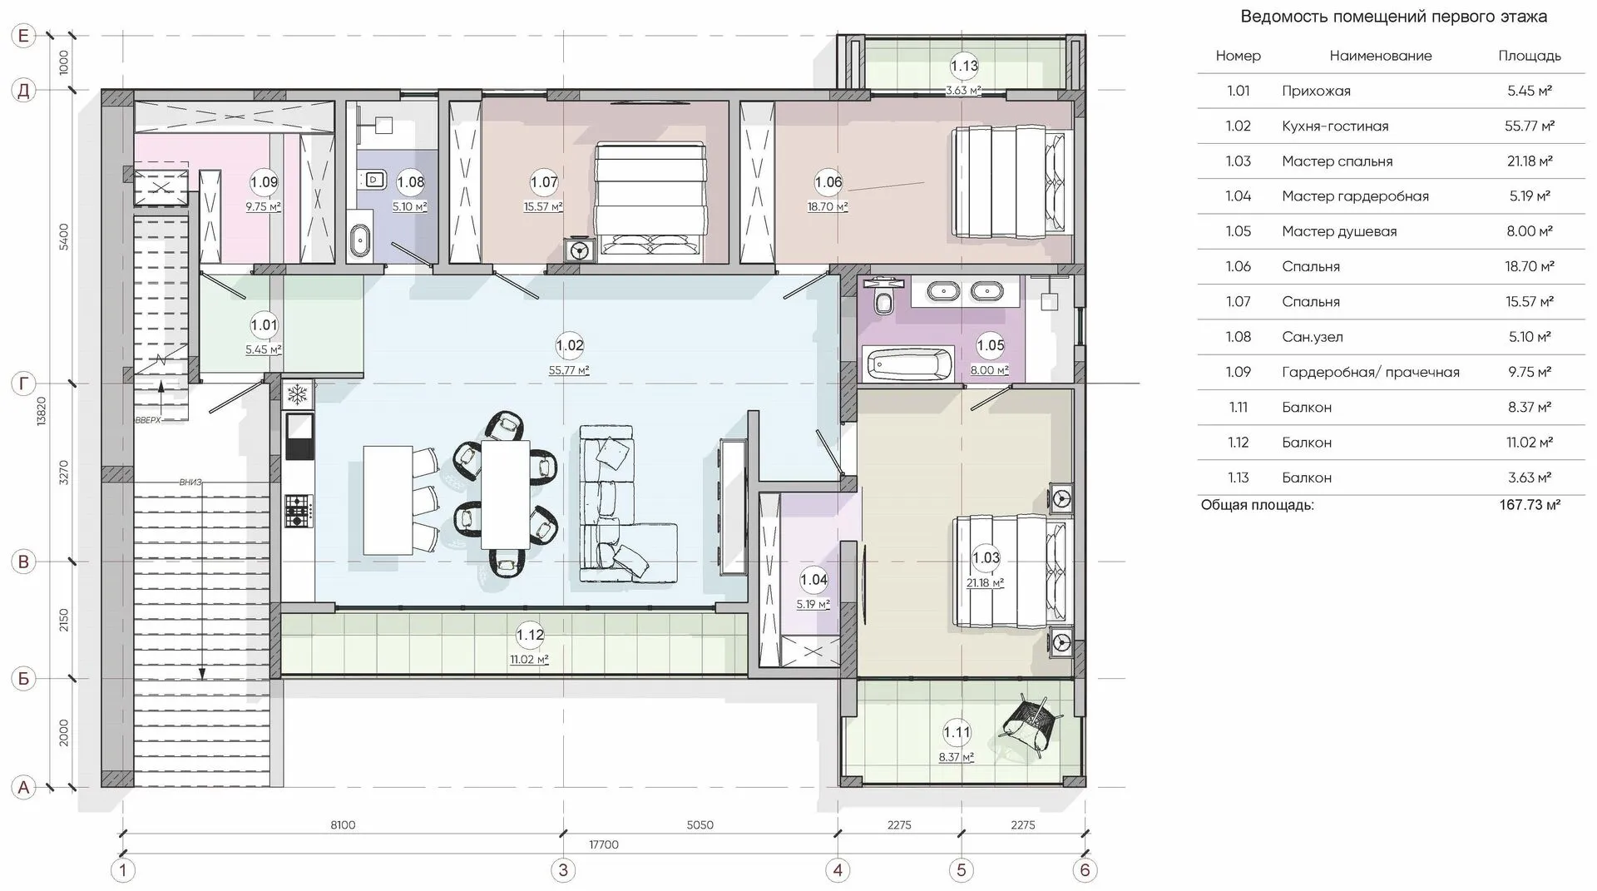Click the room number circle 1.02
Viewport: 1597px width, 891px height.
570,345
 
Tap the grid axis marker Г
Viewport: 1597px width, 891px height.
23,384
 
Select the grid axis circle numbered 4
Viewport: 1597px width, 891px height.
838,870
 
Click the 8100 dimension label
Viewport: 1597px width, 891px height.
343,825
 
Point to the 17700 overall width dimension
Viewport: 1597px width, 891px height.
604,844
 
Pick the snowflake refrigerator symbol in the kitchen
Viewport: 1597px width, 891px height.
299,394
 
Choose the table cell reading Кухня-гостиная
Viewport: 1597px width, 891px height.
1335,126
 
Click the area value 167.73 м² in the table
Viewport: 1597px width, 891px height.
1530,505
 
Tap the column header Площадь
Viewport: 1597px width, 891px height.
1530,56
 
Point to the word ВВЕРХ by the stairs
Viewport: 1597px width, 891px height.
148,420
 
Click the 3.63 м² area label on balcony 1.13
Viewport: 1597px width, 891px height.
963,91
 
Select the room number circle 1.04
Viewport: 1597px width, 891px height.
813,580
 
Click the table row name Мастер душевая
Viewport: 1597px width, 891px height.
1339,231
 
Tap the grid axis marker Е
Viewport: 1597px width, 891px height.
23,36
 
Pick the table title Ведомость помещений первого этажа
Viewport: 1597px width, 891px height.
1394,17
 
